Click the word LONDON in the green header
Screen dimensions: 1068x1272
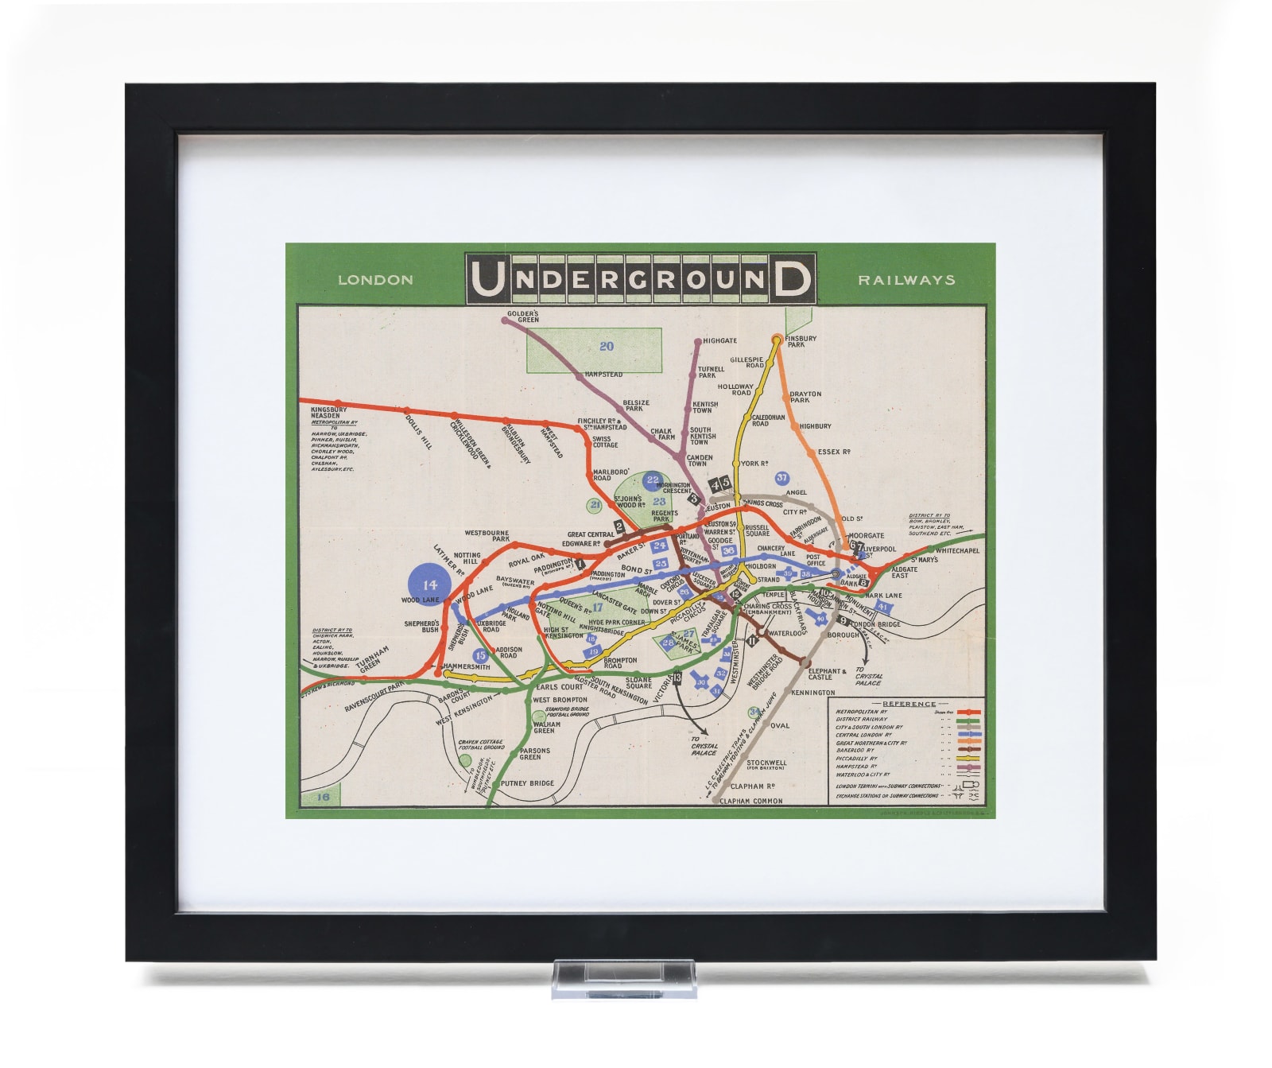tap(375, 280)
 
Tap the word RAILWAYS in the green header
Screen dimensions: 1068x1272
tap(906, 280)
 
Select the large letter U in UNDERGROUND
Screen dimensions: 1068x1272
tap(487, 279)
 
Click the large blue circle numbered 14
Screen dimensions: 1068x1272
tap(429, 584)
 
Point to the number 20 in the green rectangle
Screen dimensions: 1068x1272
tap(607, 346)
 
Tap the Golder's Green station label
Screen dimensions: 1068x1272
tap(523, 317)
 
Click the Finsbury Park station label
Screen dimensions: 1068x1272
tap(801, 341)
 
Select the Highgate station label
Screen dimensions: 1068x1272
tap(719, 340)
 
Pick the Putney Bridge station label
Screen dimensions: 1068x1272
tap(527, 783)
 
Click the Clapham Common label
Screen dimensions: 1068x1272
tap(750, 801)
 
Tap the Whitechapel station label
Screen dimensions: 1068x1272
tap(957, 550)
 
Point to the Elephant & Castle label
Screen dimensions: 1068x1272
tap(826, 674)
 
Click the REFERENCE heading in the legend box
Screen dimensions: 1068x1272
tap(909, 704)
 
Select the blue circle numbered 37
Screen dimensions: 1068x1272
tap(782, 478)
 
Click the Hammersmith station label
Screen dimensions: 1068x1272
tap(467, 666)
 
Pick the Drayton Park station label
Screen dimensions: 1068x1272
tap(805, 397)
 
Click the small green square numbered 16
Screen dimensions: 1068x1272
tap(323, 797)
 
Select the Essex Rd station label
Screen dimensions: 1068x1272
tap(834, 452)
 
